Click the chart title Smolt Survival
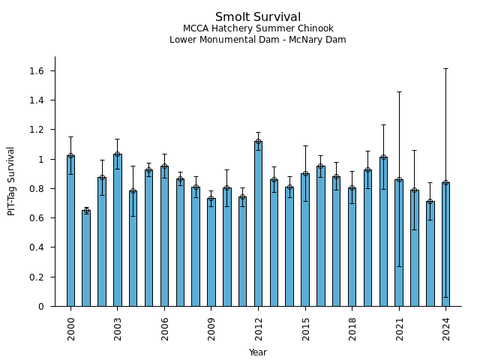[258, 17]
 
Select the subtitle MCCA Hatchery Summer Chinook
[258, 29]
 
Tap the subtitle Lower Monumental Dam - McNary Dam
[258, 40]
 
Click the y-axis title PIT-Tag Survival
[11, 181]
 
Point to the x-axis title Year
[258, 352]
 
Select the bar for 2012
[258, 223]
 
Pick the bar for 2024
[445, 244]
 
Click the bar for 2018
[352, 247]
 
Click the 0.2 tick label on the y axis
[35, 277]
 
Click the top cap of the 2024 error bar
[445, 68]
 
